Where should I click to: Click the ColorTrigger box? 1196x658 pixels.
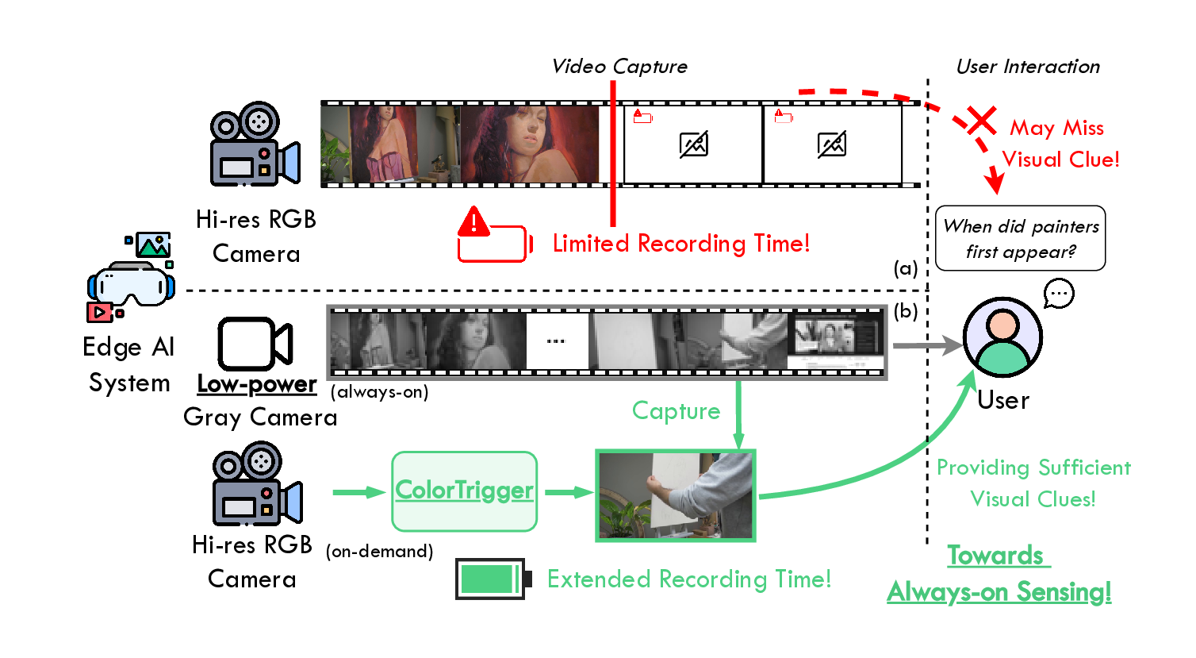pyautogui.click(x=464, y=491)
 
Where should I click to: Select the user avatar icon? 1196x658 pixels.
pyautogui.click(x=1002, y=337)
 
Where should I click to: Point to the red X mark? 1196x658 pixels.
pyautogui.click(x=982, y=121)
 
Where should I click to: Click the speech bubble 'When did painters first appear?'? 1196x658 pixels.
pyautogui.click(x=1020, y=238)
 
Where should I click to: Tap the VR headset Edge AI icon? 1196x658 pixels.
pyautogui.click(x=130, y=278)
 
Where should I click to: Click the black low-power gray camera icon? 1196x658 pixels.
pyautogui.click(x=255, y=344)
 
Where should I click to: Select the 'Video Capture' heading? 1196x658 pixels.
pyautogui.click(x=619, y=67)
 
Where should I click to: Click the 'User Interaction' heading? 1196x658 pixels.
pyautogui.click(x=1028, y=67)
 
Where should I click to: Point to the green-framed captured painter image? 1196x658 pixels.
pyautogui.click(x=675, y=496)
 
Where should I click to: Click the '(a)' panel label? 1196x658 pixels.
pyautogui.click(x=905, y=268)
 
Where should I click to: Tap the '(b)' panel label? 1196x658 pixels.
pyautogui.click(x=905, y=311)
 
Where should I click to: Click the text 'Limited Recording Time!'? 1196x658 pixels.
pyautogui.click(x=681, y=243)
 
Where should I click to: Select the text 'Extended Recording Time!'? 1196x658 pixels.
pyautogui.click(x=689, y=579)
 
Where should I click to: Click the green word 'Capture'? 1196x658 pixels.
pyautogui.click(x=676, y=410)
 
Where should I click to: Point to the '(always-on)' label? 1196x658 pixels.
pyautogui.click(x=379, y=391)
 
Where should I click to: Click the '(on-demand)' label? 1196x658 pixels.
pyautogui.click(x=379, y=551)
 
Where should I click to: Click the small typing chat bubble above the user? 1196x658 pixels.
pyautogui.click(x=1059, y=294)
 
